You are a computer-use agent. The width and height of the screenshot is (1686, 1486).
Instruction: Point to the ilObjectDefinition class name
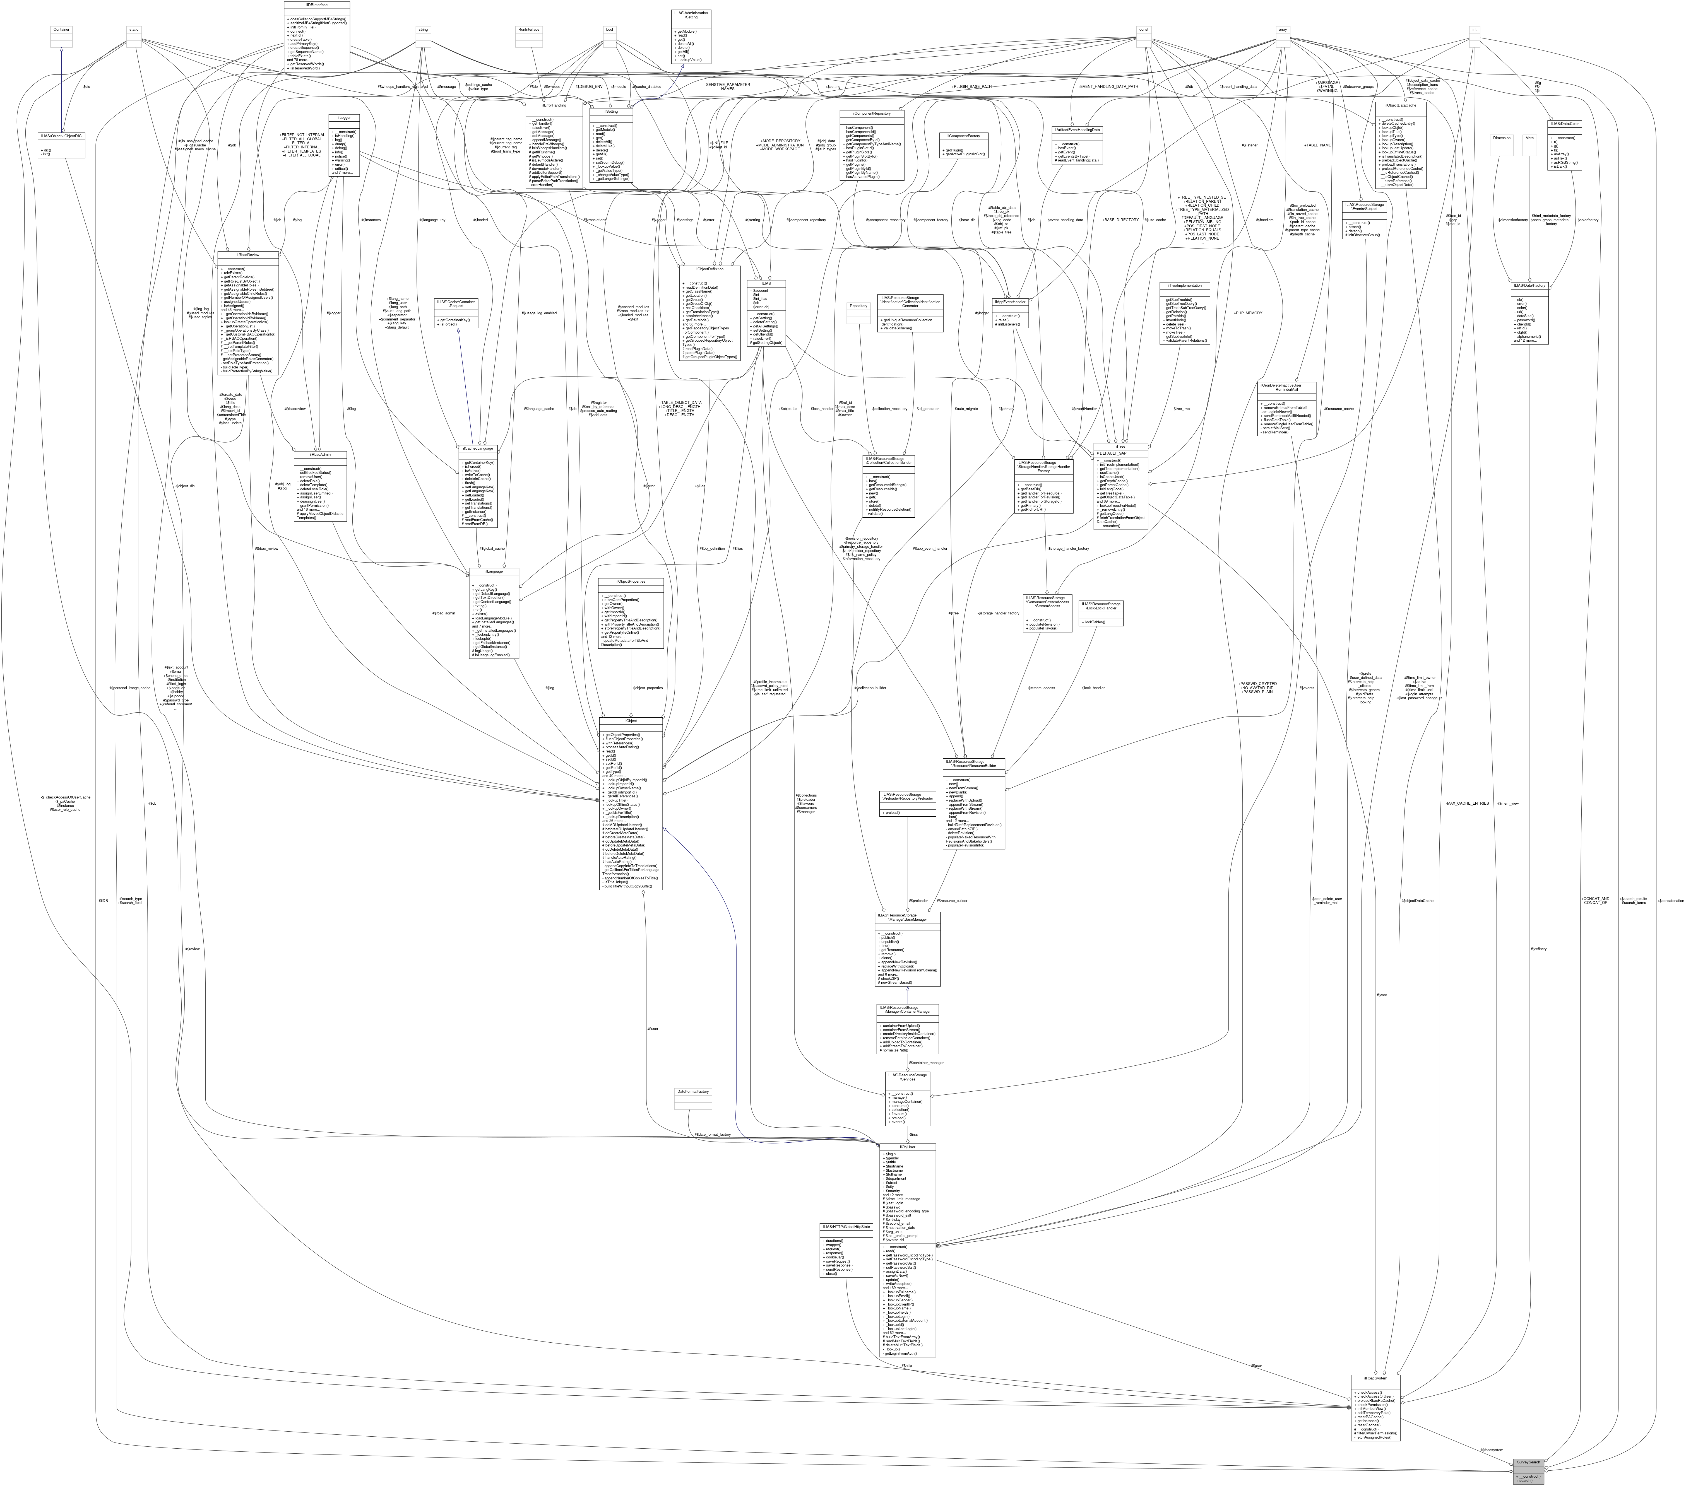(x=709, y=269)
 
